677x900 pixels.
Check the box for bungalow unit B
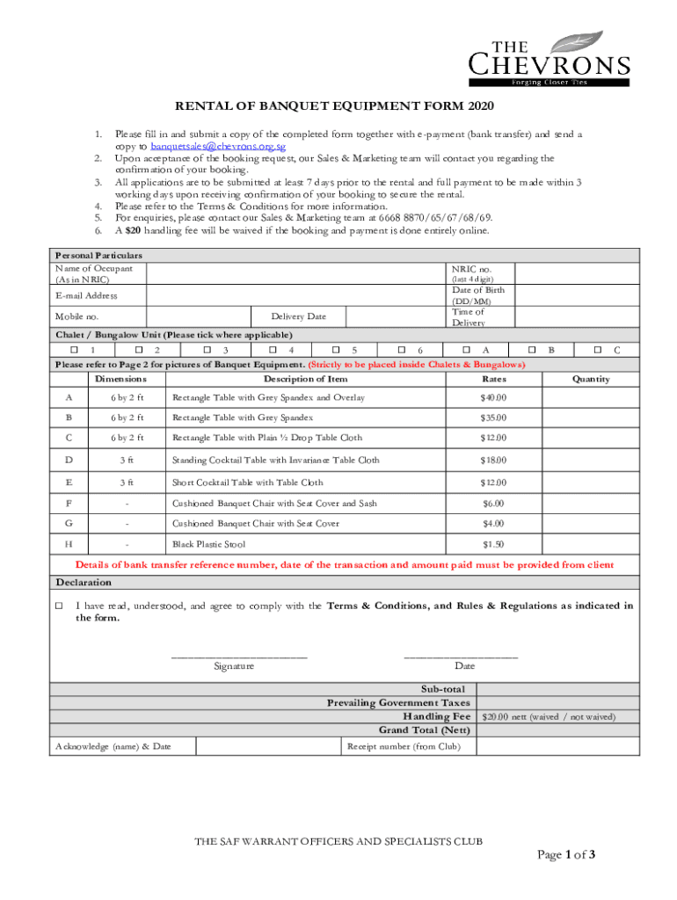click(530, 350)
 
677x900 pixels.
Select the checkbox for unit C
click(598, 350)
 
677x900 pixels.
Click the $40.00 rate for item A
click(493, 398)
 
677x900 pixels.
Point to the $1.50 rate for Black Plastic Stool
click(493, 544)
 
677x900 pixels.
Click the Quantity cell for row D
click(590, 460)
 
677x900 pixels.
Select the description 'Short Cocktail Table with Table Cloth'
click(247, 483)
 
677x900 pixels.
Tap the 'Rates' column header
click(494, 379)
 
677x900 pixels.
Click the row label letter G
click(69, 523)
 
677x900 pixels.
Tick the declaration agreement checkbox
click(60, 606)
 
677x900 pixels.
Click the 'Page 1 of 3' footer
click(566, 854)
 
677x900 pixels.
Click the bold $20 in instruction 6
click(133, 230)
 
